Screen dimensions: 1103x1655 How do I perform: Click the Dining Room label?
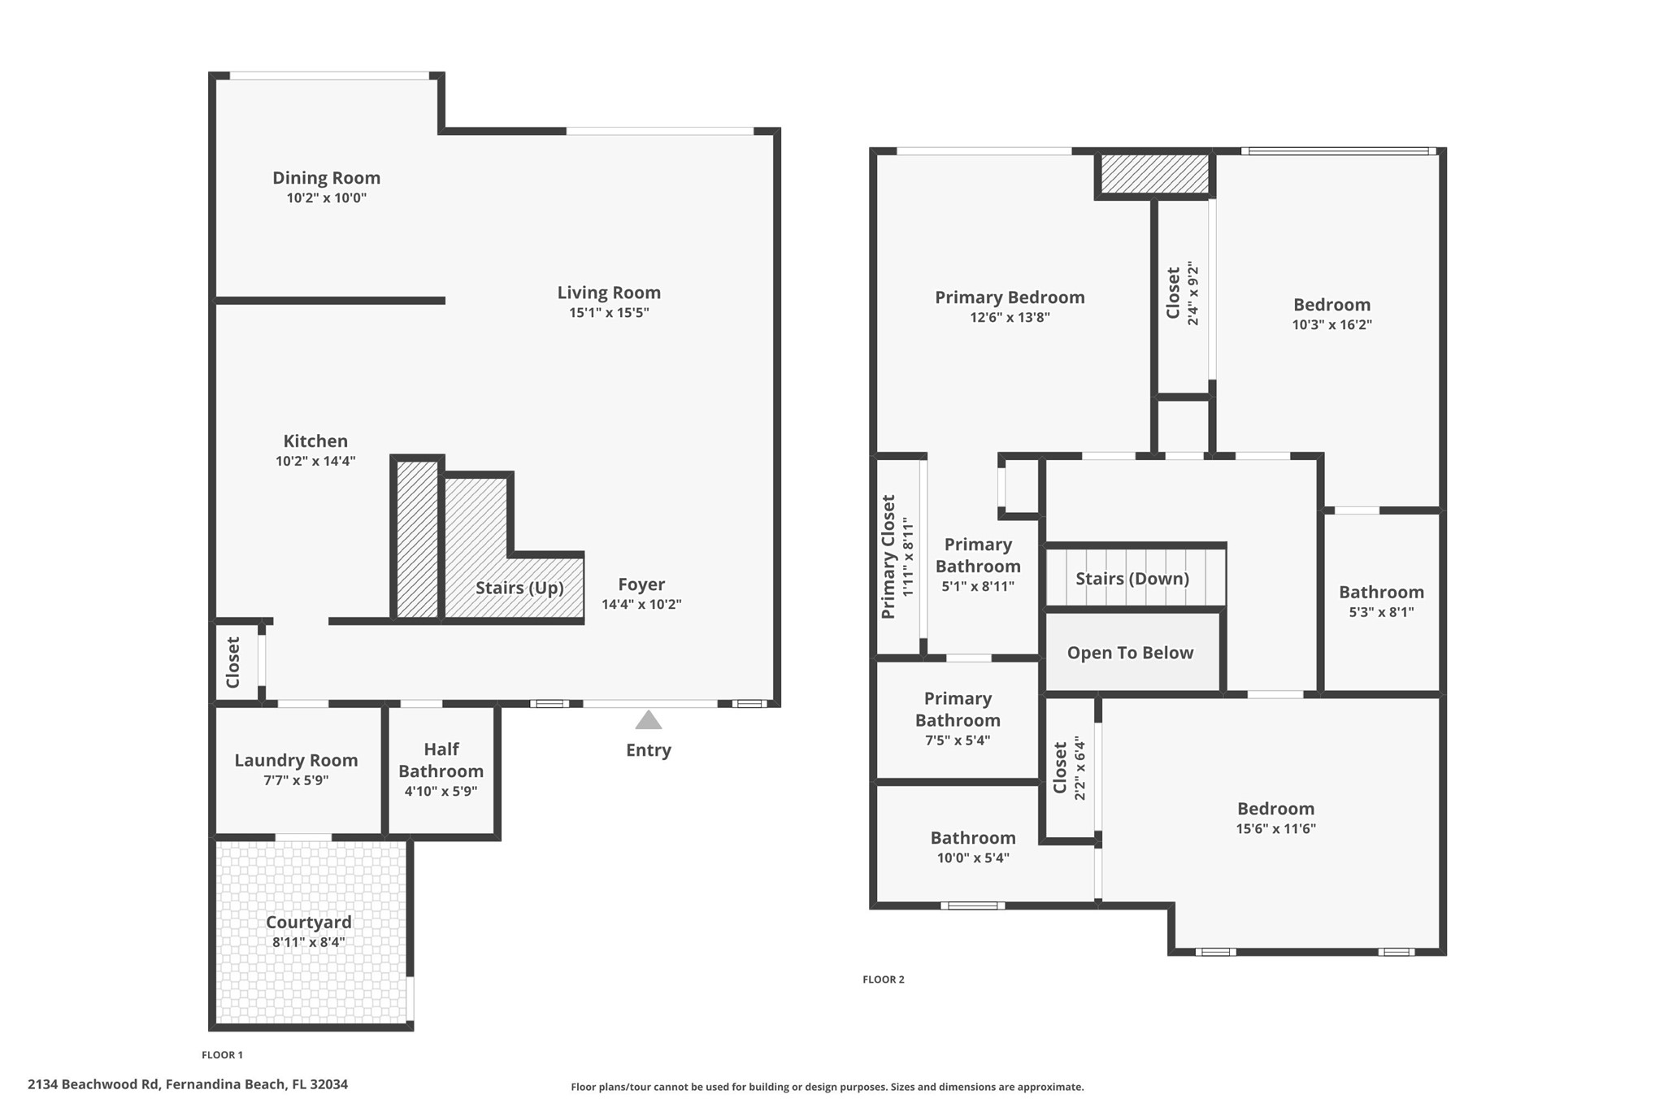(326, 178)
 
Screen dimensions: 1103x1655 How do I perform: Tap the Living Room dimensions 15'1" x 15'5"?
(609, 313)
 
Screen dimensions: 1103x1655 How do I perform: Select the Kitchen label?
(315, 441)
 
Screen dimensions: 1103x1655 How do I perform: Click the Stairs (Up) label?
(519, 588)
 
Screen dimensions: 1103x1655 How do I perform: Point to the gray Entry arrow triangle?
(648, 720)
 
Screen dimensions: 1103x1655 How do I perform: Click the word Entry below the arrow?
(648, 750)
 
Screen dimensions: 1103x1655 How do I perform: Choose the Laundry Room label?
(296, 761)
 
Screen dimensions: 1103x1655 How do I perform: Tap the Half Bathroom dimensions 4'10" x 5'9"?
(441, 791)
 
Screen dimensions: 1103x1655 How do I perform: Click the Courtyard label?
(309, 923)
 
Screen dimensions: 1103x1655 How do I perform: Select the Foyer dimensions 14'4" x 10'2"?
(641, 604)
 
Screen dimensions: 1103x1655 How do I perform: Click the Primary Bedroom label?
(1010, 297)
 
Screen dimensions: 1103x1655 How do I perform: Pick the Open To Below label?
(1130, 653)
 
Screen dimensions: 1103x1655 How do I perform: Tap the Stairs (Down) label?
(1132, 579)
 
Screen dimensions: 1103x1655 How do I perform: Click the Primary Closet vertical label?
(888, 557)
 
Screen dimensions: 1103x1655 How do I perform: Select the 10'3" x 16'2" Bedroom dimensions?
(1331, 324)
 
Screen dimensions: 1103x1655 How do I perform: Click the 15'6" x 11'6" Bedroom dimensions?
(1275, 829)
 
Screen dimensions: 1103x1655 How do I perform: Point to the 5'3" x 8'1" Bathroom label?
(1381, 593)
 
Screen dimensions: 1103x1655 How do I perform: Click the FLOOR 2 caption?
(884, 979)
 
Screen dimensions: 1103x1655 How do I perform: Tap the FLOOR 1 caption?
(222, 1055)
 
